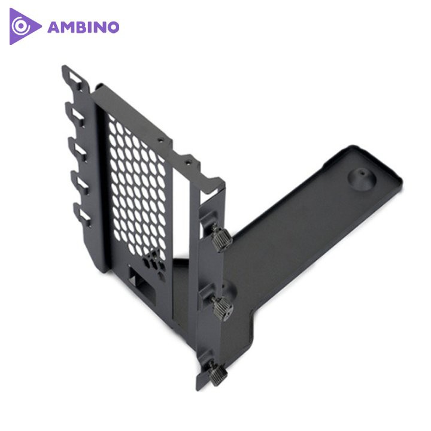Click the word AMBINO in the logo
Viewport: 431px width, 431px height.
tap(83, 28)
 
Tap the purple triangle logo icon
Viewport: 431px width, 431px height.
tap(23, 27)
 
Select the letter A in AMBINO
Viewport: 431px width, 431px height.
tap(53, 28)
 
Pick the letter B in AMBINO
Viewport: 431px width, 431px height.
tap(81, 28)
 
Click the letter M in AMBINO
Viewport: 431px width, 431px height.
tap(66, 28)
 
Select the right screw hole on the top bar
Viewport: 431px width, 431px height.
tap(188, 161)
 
